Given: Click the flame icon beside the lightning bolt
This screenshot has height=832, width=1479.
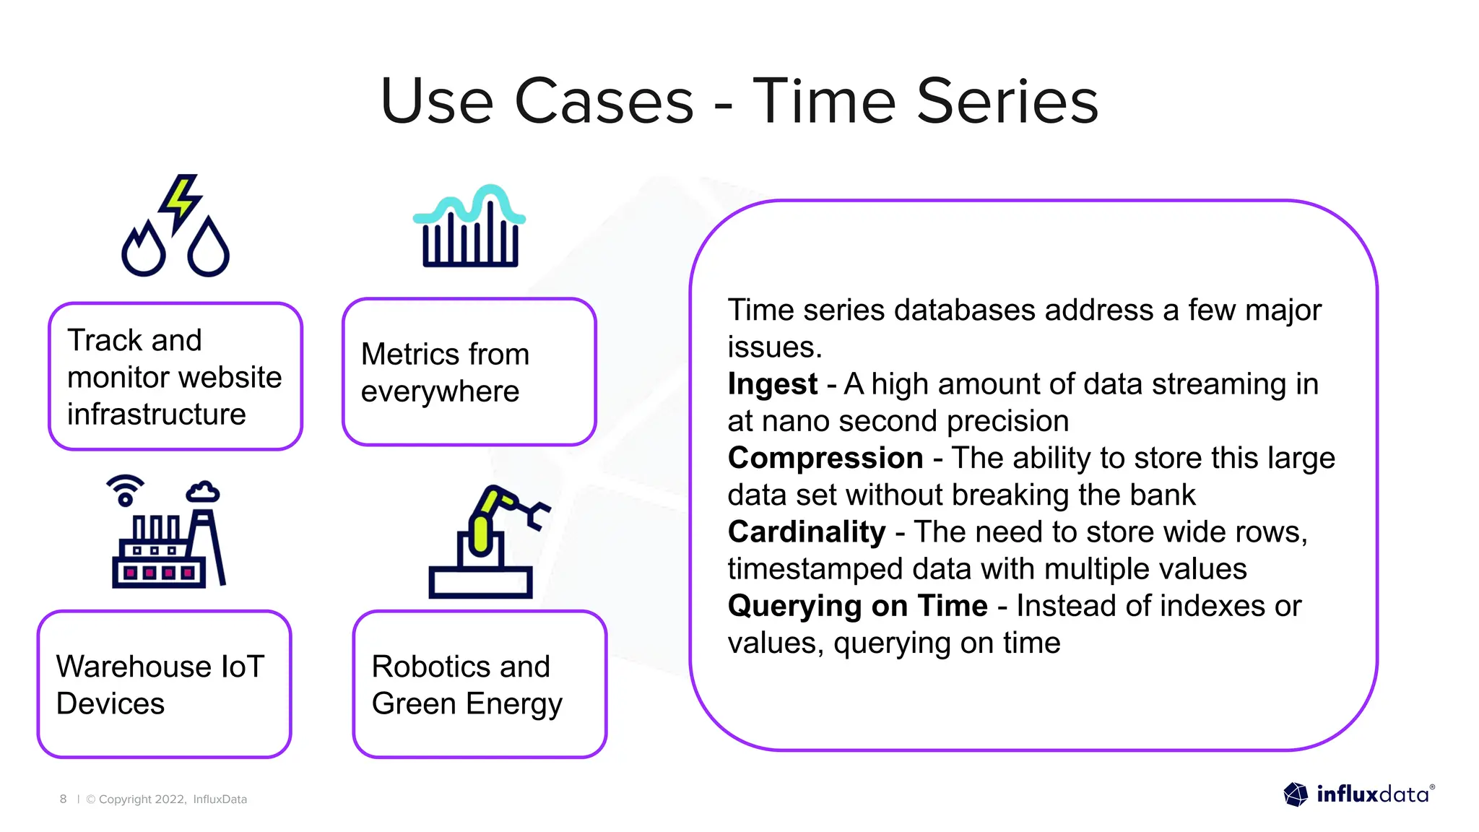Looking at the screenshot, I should tap(144, 249).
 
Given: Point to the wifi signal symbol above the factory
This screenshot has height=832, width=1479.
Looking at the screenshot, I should tap(126, 490).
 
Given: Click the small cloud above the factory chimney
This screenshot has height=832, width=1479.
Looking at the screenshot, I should tap(203, 492).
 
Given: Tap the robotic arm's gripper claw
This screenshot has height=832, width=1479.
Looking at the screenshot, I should tap(537, 513).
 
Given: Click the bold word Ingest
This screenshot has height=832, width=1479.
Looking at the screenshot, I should tap(772, 384).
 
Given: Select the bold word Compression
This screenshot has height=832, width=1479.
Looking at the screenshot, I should tap(825, 458).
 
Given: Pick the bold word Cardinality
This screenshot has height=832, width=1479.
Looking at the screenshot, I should tap(806, 532).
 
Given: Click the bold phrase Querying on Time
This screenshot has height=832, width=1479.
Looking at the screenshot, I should tap(857, 606).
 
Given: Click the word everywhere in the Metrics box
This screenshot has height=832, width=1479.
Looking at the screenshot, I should tap(440, 391).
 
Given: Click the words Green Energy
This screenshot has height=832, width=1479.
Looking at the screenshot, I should tap(467, 703).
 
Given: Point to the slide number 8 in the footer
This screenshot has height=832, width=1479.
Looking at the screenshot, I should tap(64, 799).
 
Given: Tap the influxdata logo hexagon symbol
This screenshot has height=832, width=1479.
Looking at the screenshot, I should tap(1296, 794).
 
